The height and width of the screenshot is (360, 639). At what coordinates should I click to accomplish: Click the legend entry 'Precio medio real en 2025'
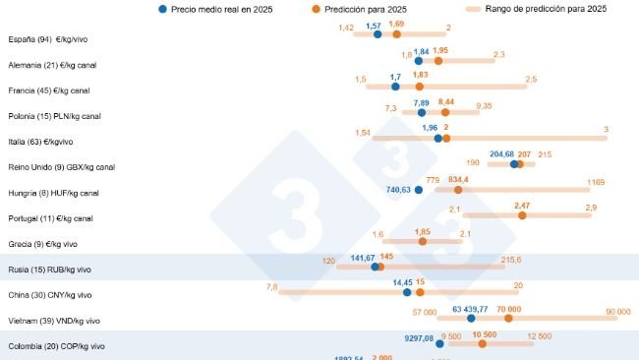click(x=221, y=9)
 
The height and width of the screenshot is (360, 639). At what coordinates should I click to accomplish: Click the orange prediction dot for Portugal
click(x=522, y=214)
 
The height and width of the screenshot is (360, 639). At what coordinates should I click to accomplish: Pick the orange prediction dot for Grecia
click(x=423, y=240)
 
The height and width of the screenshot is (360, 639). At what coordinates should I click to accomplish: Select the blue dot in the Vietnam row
click(x=472, y=317)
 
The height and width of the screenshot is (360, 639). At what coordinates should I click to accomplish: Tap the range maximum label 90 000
click(x=618, y=312)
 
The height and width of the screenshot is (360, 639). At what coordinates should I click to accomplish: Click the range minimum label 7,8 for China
click(x=272, y=286)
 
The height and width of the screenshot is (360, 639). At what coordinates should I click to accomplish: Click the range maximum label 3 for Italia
click(x=606, y=130)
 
